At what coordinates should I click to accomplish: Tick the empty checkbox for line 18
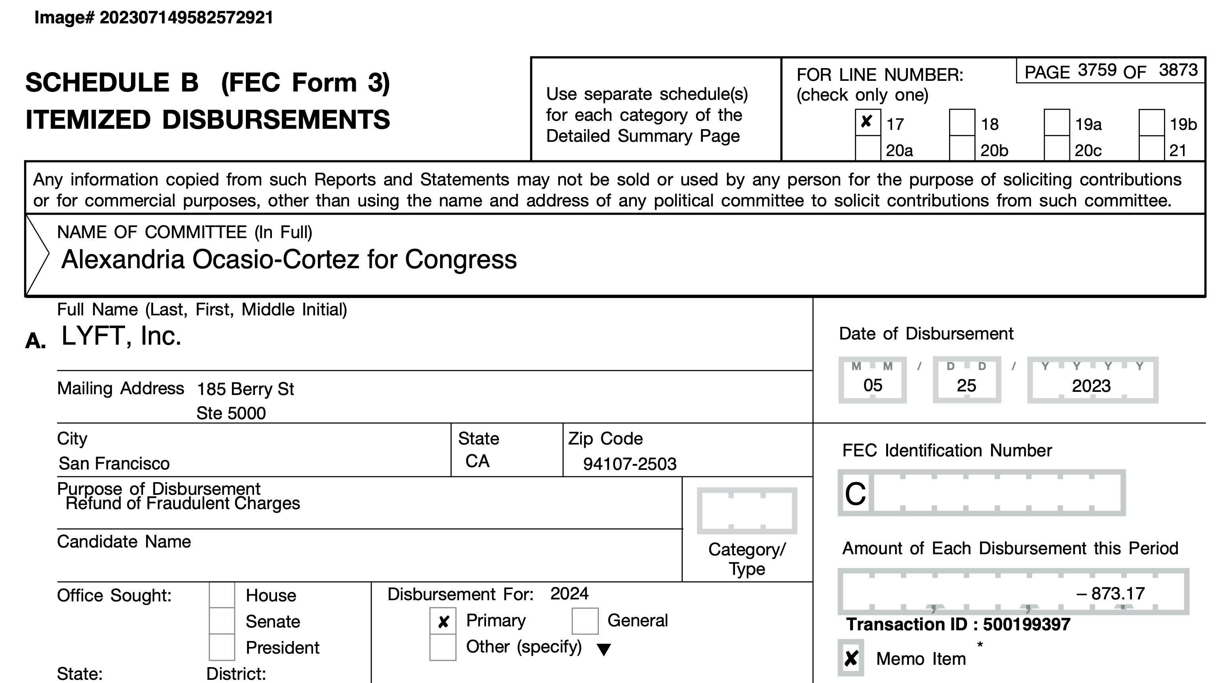pos(962,122)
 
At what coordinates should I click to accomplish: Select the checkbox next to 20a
pos(868,149)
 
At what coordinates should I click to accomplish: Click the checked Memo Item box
pos(851,658)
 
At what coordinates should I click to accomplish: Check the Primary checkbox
pos(443,621)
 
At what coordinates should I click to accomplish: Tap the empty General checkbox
pos(585,621)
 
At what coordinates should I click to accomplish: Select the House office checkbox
pos(222,595)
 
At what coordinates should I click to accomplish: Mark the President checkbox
pos(222,647)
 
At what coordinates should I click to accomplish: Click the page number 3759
pos(1097,71)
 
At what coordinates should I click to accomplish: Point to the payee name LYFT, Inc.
pos(121,336)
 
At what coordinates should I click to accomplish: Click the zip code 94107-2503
pos(629,464)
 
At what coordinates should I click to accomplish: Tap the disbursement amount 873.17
pos(1117,593)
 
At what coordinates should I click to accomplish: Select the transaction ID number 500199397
pos(1026,624)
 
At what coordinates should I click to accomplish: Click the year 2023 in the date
pos(1091,386)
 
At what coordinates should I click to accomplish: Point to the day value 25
pos(966,386)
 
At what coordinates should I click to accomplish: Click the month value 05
pos(873,385)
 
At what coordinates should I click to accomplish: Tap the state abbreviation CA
pos(477,461)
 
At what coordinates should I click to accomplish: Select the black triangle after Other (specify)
pos(603,649)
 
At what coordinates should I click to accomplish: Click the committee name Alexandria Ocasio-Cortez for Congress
pos(289,259)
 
